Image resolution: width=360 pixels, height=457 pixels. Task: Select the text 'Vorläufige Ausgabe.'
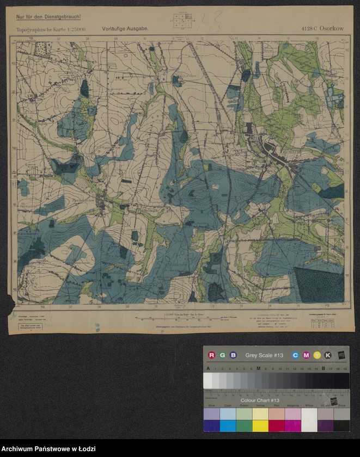pyautogui.click(x=125, y=27)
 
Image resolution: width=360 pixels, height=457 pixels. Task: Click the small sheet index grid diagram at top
pyautogui.click(x=183, y=21)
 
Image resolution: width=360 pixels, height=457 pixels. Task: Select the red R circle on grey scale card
pyautogui.click(x=212, y=355)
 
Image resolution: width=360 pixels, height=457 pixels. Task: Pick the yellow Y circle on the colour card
pyautogui.click(x=316, y=355)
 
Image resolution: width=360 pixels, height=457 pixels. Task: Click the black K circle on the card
pyautogui.click(x=327, y=355)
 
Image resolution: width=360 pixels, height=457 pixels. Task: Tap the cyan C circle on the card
pyautogui.click(x=295, y=355)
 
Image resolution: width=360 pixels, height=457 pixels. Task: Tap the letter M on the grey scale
pyautogui.click(x=258, y=368)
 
